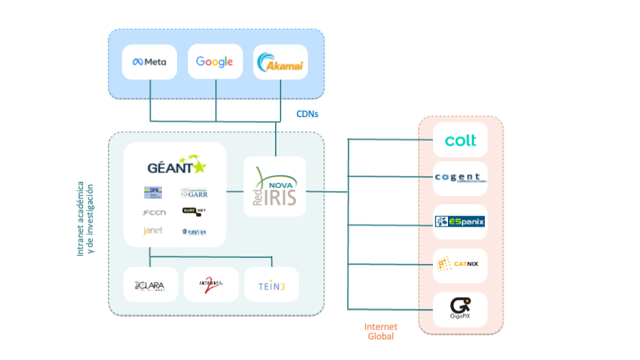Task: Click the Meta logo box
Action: coord(149,62)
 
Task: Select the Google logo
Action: coord(214,62)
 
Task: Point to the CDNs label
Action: coord(307,114)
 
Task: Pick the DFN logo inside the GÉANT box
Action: coord(153,192)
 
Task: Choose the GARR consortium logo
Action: coord(194,193)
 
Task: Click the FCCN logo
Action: coord(153,212)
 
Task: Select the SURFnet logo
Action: coord(194,212)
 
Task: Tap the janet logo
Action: coord(153,231)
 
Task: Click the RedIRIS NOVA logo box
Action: coord(275,187)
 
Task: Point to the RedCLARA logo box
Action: coord(150,284)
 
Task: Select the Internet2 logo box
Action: coord(210,284)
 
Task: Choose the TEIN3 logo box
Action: coord(271,286)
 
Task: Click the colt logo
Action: coord(460,141)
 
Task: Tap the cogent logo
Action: coord(460,178)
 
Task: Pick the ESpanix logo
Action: coord(460,222)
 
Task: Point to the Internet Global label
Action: coord(380,331)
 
